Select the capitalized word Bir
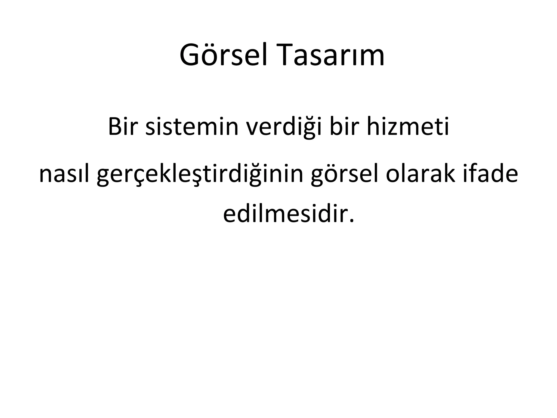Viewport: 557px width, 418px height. coord(122,127)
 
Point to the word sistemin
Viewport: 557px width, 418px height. coord(192,127)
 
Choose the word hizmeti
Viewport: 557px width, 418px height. coord(408,127)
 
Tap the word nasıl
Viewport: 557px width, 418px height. coord(64,174)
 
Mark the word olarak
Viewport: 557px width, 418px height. coord(420,174)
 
